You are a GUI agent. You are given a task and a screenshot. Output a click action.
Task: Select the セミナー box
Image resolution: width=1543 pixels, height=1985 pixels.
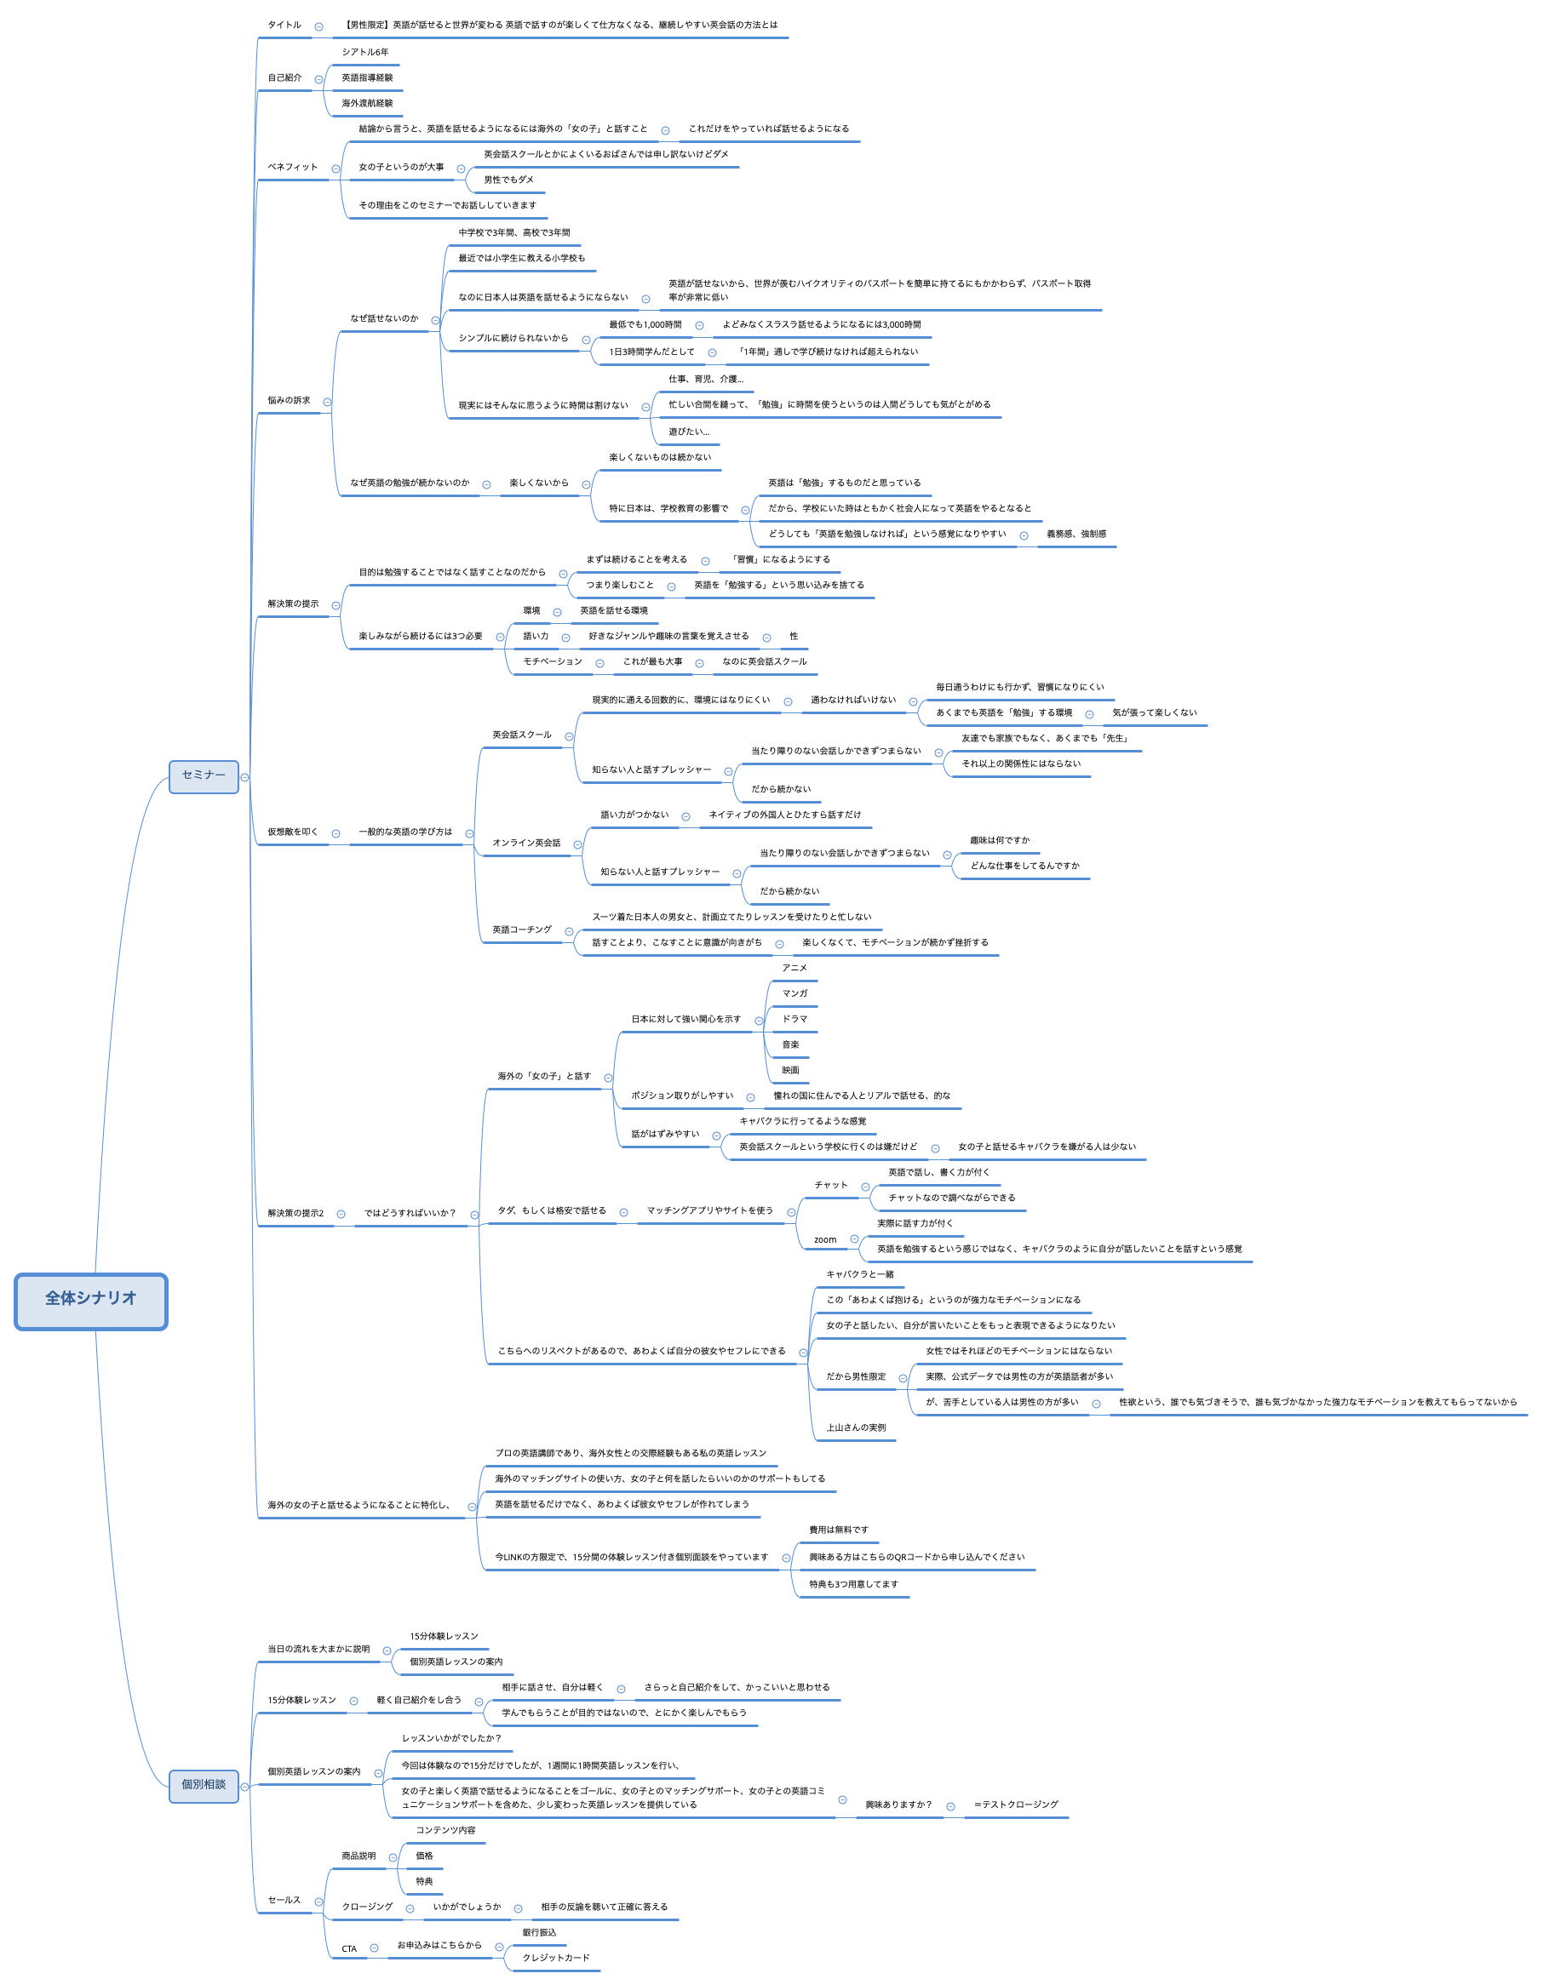pyautogui.click(x=204, y=776)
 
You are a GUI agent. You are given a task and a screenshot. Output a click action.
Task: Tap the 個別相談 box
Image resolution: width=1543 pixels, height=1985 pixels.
pyautogui.click(x=204, y=1785)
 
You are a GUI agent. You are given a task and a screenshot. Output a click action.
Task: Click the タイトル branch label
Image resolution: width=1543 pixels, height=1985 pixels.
pyautogui.click(x=284, y=26)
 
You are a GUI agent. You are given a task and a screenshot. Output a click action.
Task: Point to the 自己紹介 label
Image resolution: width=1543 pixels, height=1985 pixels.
pyautogui.click(x=284, y=78)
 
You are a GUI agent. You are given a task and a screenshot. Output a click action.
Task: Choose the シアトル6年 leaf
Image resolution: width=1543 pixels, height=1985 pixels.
pyautogui.click(x=364, y=53)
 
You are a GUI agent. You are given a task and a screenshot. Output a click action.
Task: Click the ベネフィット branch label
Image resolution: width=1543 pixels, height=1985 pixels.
pyautogui.click(x=293, y=167)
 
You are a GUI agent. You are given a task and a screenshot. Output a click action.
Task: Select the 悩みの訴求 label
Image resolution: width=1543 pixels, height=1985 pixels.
pyautogui.click(x=288, y=400)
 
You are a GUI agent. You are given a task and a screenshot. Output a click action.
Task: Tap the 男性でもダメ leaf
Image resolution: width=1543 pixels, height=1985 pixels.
pyautogui.click(x=508, y=180)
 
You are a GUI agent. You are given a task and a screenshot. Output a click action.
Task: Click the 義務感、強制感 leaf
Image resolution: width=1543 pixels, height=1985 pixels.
pyautogui.click(x=1076, y=534)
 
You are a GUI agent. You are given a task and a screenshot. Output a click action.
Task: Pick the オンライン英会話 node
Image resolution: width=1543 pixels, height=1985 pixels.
pyautogui.click(x=526, y=843)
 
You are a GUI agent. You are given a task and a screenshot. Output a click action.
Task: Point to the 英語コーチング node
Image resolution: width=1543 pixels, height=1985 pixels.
pyautogui.click(x=522, y=930)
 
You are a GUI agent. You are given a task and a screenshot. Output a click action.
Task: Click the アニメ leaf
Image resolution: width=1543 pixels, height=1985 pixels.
pyautogui.click(x=794, y=968)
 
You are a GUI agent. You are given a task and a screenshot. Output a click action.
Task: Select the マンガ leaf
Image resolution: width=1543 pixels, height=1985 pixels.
pyautogui.click(x=794, y=993)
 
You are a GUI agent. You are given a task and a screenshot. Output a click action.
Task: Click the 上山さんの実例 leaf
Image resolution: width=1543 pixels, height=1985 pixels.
pyautogui.click(x=856, y=1427)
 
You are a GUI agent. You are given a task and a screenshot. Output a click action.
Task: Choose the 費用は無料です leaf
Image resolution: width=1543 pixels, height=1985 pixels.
pyautogui.click(x=838, y=1530)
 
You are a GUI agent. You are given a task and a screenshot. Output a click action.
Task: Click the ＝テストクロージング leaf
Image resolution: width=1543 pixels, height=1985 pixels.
pyautogui.click(x=1016, y=1805)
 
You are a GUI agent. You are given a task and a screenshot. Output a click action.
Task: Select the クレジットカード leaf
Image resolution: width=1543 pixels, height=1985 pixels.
pyautogui.click(x=555, y=1958)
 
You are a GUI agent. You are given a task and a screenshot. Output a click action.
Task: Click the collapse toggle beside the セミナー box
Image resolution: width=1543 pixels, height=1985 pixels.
pyautogui.click(x=244, y=778)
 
